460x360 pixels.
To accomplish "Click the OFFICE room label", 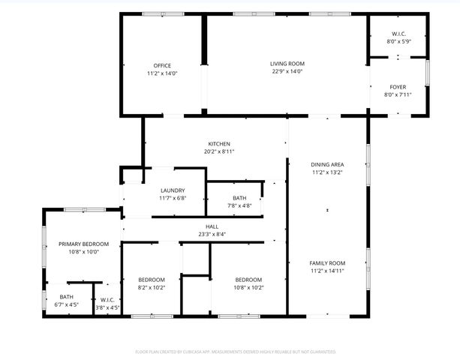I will tap(162, 65).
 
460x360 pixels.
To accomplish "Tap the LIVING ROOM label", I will tap(287, 64).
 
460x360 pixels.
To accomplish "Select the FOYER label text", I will tap(398, 87).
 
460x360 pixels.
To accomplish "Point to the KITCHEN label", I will tap(219, 144).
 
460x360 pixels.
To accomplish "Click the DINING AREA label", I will tap(327, 164).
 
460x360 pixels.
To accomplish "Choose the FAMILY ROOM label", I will tap(327, 263).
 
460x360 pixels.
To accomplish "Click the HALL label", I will tap(212, 226).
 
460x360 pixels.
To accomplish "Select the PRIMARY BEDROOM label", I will tap(84, 244).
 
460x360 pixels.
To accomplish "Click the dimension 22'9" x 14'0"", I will tap(287, 72).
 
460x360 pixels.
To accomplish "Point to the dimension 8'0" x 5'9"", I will tap(398, 42).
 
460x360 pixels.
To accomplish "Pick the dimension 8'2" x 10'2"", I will tap(151, 287).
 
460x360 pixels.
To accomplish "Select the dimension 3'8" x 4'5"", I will tap(107, 307).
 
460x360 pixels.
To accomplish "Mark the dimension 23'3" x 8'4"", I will tap(212, 235).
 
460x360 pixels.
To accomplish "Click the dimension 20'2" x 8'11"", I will tap(219, 152).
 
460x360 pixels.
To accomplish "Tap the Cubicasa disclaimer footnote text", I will tap(235, 351).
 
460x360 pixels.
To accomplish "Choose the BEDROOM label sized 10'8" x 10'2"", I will tap(248, 279).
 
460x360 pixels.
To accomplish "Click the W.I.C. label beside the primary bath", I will tap(107, 300).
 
